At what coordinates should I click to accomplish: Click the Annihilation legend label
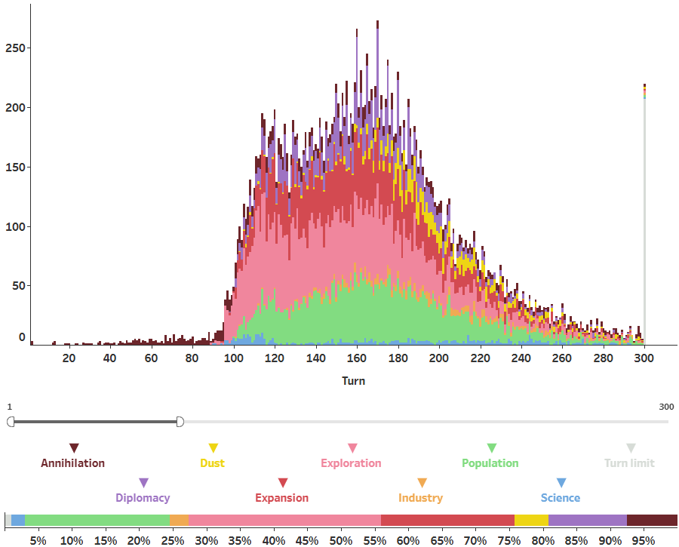pos(72,463)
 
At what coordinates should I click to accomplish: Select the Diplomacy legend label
pos(143,498)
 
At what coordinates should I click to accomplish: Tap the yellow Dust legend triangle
pos(213,448)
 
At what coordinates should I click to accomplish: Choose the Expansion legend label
pos(281,498)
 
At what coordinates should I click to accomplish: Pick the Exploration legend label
pos(351,463)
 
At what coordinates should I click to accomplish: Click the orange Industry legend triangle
pos(422,483)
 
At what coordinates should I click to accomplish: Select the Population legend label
pos(490,463)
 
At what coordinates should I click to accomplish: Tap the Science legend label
pos(561,498)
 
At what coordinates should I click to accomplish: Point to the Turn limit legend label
pos(629,463)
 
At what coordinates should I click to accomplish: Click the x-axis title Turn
pos(353,381)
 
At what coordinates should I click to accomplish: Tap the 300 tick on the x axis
pos(644,358)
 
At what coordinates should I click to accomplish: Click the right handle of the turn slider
pos(180,422)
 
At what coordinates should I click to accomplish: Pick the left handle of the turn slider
pos(11,422)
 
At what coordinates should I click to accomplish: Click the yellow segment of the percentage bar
pos(531,520)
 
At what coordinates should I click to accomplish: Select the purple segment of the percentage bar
pos(587,520)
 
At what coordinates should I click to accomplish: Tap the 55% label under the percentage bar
pos(375,540)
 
